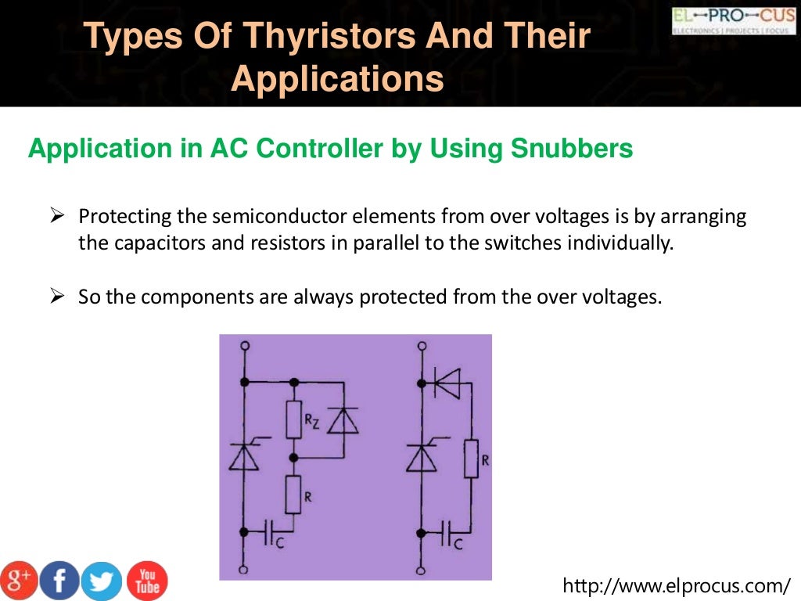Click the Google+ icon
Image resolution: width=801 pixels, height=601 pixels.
point(19,581)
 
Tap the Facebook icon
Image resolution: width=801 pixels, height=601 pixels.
point(60,581)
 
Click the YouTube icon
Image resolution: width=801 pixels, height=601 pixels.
point(146,580)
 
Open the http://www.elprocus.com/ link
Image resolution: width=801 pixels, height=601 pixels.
point(677,585)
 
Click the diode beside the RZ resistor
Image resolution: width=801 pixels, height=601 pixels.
point(343,421)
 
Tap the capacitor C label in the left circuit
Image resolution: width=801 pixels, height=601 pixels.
point(282,544)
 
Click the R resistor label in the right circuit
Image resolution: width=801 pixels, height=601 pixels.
point(485,461)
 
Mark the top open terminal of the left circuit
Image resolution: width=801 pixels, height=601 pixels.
point(246,345)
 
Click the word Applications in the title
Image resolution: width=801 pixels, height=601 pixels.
point(337,80)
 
